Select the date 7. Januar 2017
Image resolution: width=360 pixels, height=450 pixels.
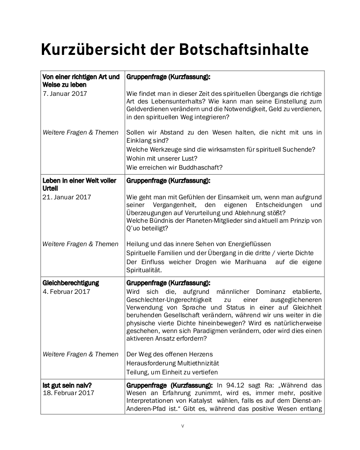pos(65,94)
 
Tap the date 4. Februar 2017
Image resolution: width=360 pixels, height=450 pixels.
pos(66,292)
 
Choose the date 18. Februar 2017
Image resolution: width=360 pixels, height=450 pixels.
pos(68,392)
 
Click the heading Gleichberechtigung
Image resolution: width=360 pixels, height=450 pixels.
pos(71,283)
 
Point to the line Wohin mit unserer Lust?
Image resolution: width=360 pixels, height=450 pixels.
pos(162,158)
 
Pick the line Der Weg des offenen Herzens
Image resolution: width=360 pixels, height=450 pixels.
pos(170,354)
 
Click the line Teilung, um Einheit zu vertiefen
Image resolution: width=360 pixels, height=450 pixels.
pos(172,372)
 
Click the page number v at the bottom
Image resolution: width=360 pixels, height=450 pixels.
pos(182,426)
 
